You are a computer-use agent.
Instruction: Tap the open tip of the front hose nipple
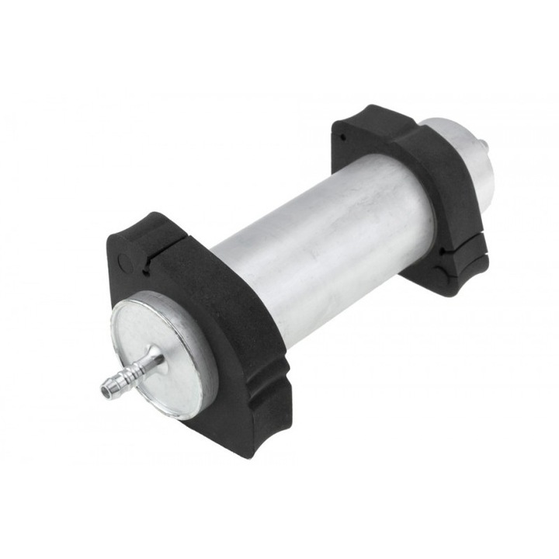point(105,387)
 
